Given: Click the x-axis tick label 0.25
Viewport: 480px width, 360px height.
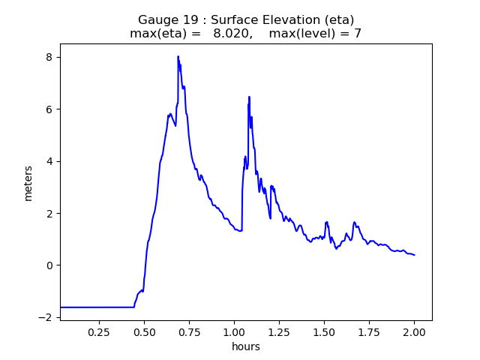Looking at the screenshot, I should [99, 331].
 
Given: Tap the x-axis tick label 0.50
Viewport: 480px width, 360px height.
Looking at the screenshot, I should [144, 331].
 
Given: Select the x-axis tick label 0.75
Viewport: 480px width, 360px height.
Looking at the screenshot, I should [189, 331].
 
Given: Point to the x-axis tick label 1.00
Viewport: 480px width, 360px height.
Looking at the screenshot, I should [234, 331].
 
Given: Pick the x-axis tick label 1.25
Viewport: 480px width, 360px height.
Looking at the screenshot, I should [279, 331].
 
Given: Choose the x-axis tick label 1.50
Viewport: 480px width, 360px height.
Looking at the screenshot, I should [324, 331].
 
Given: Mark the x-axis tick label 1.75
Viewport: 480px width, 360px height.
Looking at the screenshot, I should [369, 331].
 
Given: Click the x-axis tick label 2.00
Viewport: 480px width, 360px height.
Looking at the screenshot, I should [414, 331].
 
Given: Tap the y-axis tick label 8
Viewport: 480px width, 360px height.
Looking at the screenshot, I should [49, 58].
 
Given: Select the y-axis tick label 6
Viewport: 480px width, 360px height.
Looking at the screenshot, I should [49, 109].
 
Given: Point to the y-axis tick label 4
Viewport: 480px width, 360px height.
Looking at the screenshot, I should [49, 161].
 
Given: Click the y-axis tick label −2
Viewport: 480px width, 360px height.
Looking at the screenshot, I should [46, 317].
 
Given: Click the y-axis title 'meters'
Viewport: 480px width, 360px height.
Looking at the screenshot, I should [28, 183].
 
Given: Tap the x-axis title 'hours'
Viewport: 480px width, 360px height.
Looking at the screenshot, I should [246, 346].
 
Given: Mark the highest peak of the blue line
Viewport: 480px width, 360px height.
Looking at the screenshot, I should [178, 56].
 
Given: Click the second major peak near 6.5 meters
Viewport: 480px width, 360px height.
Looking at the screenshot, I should [249, 97].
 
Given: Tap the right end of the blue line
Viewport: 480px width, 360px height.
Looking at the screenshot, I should [415, 255].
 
